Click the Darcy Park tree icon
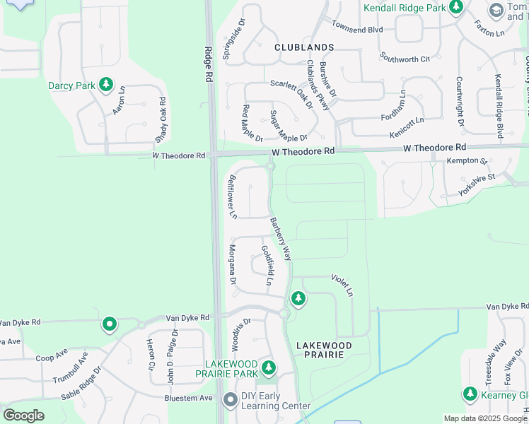click(x=106, y=86)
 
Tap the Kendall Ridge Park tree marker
click(x=457, y=7)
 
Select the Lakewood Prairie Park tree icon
click(x=268, y=367)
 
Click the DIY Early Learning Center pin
click(x=230, y=400)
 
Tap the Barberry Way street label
click(x=281, y=239)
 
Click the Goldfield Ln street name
click(x=267, y=266)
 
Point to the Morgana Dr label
click(x=231, y=264)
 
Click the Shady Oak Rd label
click(x=161, y=119)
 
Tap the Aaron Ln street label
click(x=118, y=100)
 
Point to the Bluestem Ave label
click(x=188, y=398)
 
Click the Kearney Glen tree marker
click(x=470, y=393)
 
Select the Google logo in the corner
click(x=23, y=416)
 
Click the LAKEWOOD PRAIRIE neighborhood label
click(x=324, y=349)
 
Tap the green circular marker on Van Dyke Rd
click(x=110, y=324)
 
